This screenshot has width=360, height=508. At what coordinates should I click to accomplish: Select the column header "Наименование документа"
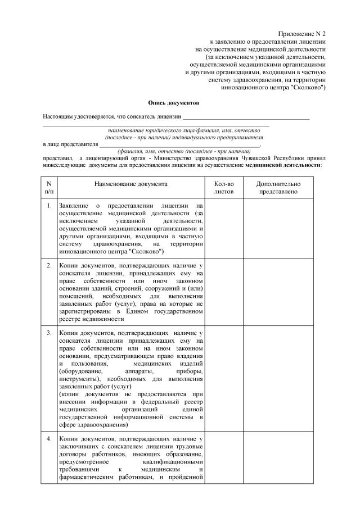click(x=130, y=184)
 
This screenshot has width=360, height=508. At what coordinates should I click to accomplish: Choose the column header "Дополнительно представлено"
click(x=278, y=188)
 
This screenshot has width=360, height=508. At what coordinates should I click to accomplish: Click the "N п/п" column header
click(x=49, y=188)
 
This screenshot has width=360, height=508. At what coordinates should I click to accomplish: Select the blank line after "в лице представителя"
click(x=180, y=145)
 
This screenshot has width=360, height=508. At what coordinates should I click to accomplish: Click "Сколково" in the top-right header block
click(x=306, y=88)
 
